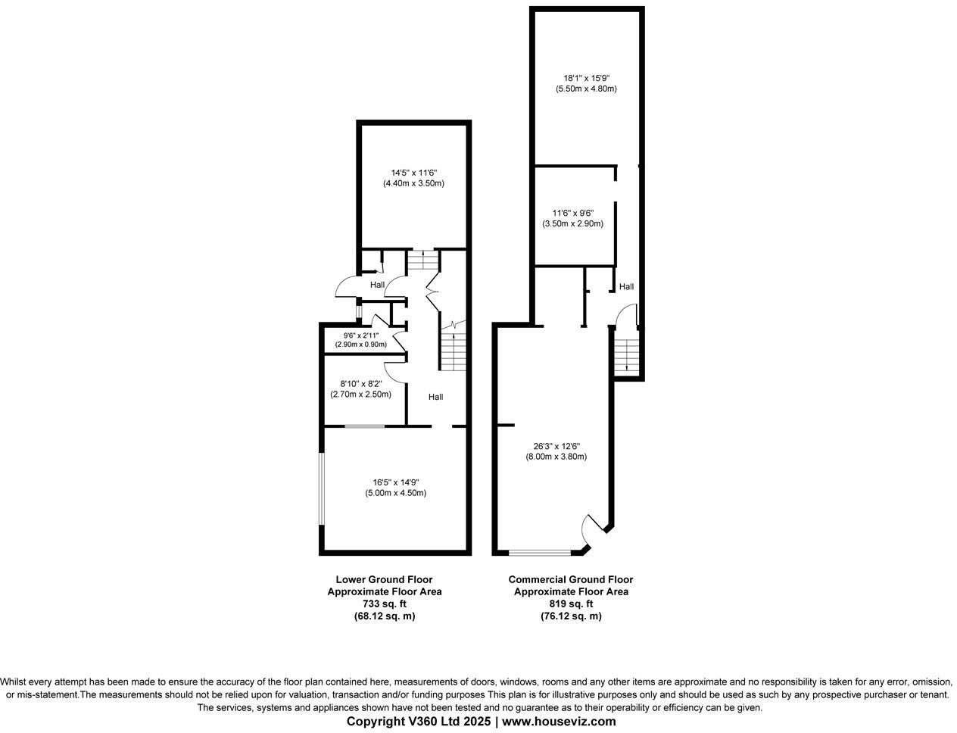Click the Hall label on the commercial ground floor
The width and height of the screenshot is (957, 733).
click(x=626, y=287)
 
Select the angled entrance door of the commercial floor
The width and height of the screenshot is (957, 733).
click(x=592, y=527)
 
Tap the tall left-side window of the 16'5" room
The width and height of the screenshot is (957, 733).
click(x=321, y=488)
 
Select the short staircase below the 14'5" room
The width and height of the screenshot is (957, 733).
click(x=422, y=260)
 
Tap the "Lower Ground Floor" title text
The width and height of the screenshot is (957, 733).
click(x=384, y=579)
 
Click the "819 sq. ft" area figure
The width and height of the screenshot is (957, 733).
click(x=571, y=604)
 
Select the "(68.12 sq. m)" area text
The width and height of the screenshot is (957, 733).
click(x=384, y=616)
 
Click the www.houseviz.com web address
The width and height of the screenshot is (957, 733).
click(x=559, y=721)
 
